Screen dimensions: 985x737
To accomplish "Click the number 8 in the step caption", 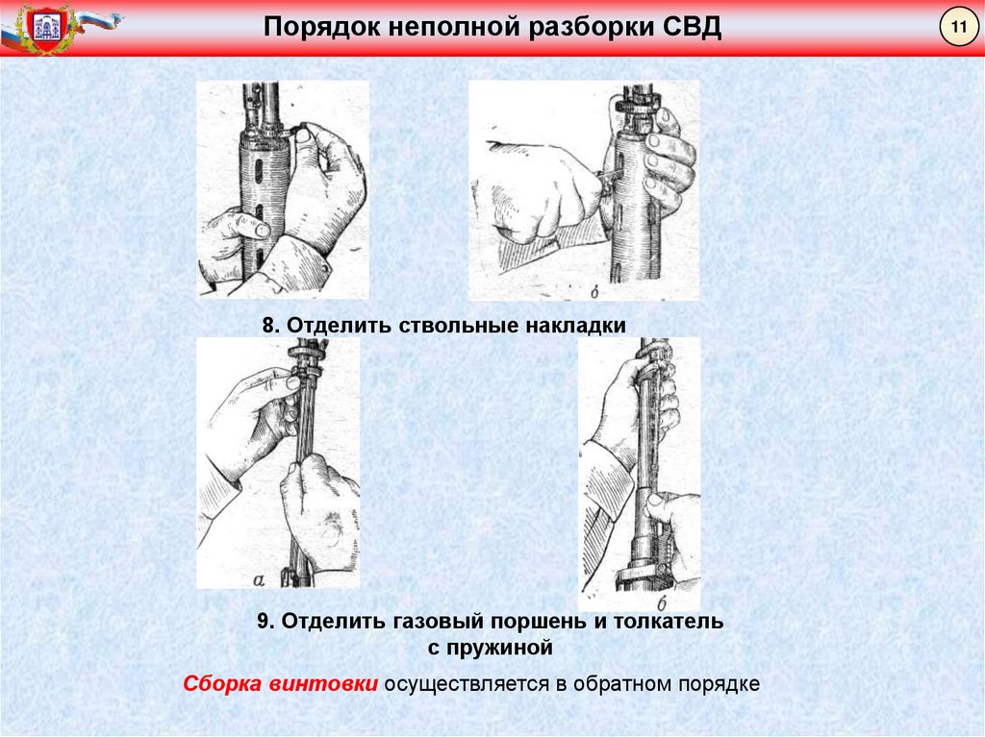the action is pos(268,327).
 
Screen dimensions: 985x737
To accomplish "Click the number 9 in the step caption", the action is pos(263,622).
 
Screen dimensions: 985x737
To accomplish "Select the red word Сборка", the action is pos(222,684).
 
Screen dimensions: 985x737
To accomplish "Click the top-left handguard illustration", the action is pos(282,188).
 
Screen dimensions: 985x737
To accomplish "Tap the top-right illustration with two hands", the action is pos(584,190).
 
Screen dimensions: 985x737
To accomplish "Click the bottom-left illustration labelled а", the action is pos(278,462).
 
